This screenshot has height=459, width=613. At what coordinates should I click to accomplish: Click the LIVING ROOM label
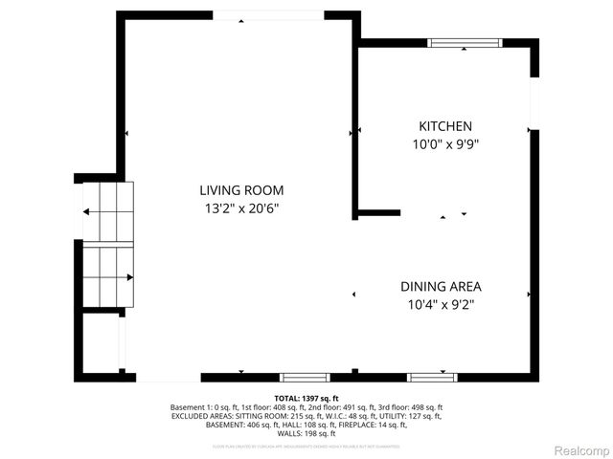point(241,190)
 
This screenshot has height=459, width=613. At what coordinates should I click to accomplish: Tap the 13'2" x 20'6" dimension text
point(241,207)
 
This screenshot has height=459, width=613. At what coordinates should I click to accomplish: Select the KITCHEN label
point(444,126)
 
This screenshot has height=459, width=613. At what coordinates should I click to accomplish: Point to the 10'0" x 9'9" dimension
point(444,143)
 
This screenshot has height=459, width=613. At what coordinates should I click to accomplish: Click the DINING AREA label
point(441,286)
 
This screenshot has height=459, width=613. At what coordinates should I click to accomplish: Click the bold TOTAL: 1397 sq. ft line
point(306,398)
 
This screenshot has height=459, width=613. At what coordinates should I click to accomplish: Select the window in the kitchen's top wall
point(464,42)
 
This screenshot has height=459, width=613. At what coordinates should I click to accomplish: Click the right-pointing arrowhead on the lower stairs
point(129,277)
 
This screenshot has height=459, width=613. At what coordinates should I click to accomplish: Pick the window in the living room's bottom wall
point(304,377)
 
